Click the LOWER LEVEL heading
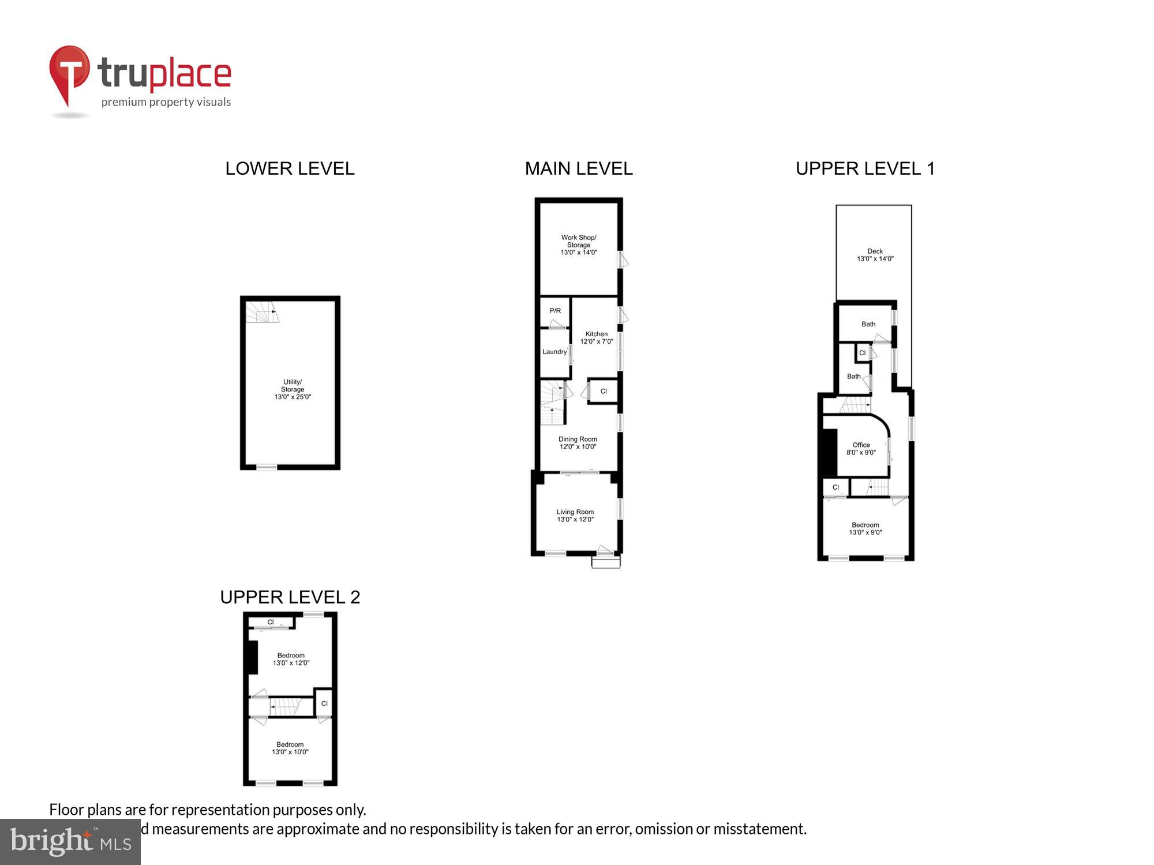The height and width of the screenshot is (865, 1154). (290, 168)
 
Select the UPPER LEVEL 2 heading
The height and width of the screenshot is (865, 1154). (290, 597)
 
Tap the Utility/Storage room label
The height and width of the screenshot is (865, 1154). (293, 389)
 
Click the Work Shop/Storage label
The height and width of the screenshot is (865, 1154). (579, 245)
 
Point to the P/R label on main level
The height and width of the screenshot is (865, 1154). (555, 311)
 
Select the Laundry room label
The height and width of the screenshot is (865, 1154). (554, 352)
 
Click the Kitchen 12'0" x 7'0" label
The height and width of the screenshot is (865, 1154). (597, 338)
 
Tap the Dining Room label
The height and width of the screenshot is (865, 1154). (578, 443)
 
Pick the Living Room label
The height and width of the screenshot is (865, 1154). (575, 516)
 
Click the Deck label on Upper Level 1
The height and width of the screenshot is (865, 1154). (875, 255)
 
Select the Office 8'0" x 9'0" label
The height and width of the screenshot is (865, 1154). (861, 449)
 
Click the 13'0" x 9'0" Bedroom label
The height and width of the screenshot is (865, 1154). (865, 529)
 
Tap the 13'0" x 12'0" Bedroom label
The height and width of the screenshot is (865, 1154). (291, 659)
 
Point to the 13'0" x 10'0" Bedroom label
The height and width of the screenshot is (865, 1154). (290, 748)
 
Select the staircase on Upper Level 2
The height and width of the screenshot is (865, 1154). (285, 707)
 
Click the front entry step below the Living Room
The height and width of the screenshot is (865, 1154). (606, 562)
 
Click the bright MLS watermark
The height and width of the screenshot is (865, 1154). (70, 841)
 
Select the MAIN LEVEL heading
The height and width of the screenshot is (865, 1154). (579, 168)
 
